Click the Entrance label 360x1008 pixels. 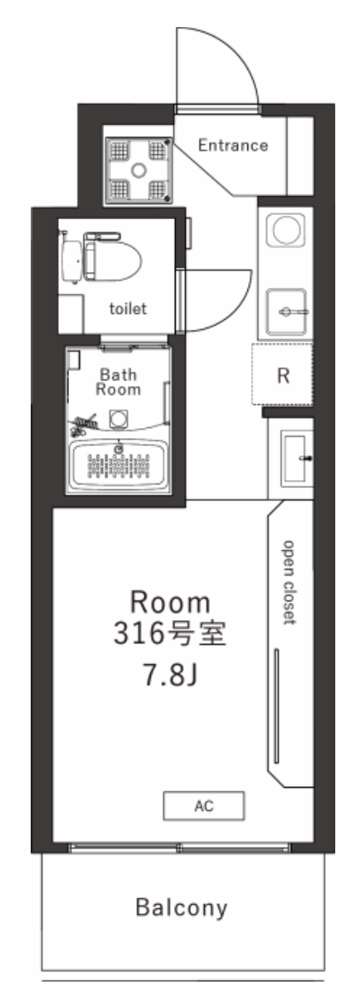pos(233,145)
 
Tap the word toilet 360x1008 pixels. pos(128,309)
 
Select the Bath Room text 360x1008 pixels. pos(119,381)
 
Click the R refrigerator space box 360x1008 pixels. pos(282,374)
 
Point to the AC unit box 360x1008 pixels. pos(204,806)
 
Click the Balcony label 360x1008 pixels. pos(182,907)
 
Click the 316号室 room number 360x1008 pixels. pos(171,634)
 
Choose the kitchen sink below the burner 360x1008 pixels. pos(287,312)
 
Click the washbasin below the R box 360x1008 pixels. pos(296,457)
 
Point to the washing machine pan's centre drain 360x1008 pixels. pos(138,171)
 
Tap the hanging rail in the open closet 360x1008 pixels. pos(276,705)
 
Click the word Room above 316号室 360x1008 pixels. pos(171,602)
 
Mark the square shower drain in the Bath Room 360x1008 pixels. pos(118,419)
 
